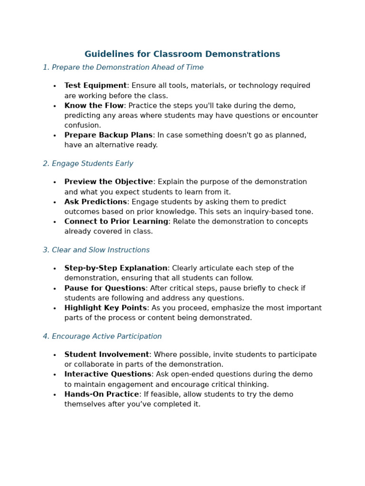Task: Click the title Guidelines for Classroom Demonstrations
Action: [x=182, y=54]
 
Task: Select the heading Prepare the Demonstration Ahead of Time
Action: [x=123, y=67]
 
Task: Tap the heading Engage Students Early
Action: [x=88, y=164]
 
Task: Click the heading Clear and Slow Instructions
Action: [x=96, y=250]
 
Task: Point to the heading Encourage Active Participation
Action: [x=102, y=336]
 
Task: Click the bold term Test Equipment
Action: [x=96, y=86]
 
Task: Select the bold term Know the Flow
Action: [x=94, y=106]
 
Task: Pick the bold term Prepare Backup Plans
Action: [x=108, y=135]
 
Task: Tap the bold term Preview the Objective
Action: [x=108, y=182]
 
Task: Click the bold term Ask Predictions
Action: [x=96, y=202]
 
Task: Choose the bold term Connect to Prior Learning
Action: [x=116, y=222]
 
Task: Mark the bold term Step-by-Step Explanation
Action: [x=115, y=269]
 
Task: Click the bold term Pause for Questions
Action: [x=105, y=289]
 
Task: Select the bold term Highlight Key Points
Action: [x=106, y=308]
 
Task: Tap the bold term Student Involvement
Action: [x=106, y=355]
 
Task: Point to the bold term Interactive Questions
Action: [x=107, y=374]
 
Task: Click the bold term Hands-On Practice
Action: [x=101, y=394]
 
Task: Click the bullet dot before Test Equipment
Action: [x=55, y=86]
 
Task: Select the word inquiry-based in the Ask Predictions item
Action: [x=269, y=212]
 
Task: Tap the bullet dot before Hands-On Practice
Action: [x=55, y=395]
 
